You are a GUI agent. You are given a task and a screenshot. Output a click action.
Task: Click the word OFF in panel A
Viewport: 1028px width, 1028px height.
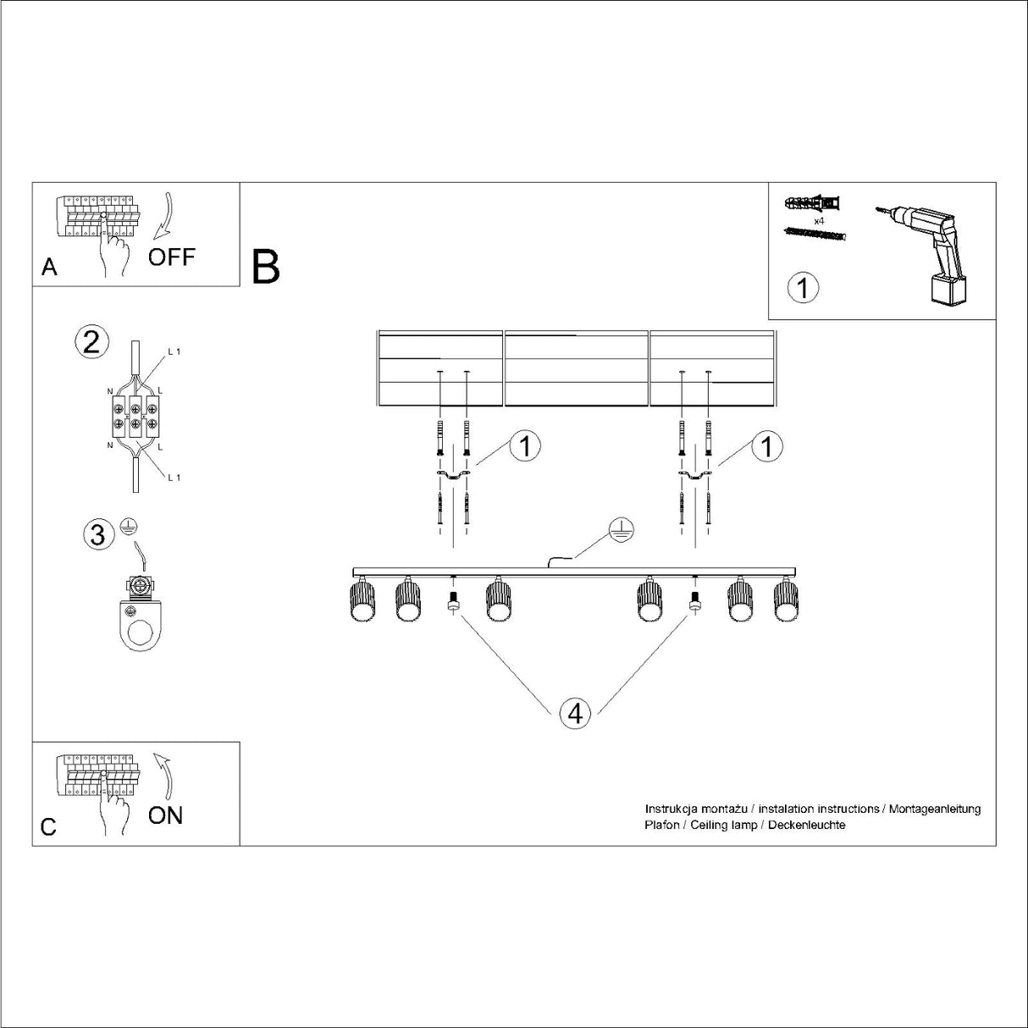point(171,257)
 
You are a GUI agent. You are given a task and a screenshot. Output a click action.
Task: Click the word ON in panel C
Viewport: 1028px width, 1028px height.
point(165,815)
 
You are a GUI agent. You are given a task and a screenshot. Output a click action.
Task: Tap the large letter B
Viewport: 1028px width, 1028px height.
point(266,267)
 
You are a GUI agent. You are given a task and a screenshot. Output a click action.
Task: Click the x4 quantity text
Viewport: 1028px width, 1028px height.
point(819,220)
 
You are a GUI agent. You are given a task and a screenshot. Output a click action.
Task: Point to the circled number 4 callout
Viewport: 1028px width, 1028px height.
point(575,714)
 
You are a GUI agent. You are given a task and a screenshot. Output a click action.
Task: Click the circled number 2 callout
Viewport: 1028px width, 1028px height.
point(91,342)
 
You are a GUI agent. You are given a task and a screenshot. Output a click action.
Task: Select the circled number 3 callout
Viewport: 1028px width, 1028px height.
point(98,535)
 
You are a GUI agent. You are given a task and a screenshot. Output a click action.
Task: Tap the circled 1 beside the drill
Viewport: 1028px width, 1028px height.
point(803,288)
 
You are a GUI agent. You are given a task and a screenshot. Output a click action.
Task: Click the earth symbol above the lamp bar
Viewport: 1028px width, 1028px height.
point(621,530)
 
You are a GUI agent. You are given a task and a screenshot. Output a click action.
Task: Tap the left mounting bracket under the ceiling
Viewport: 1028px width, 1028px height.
point(452,478)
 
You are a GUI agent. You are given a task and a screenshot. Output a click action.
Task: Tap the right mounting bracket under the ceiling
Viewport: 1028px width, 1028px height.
point(694,478)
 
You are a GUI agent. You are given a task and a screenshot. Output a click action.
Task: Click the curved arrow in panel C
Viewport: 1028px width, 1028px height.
point(164,772)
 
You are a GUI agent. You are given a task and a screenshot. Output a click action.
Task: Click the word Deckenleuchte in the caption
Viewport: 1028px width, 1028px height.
point(806,825)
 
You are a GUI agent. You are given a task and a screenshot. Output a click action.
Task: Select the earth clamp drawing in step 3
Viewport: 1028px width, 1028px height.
point(139,614)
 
